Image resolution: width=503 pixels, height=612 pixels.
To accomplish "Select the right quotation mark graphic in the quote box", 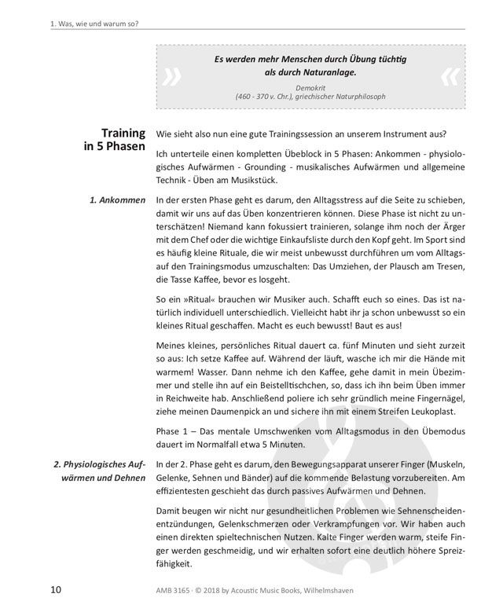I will pyautogui.click(x=449, y=76).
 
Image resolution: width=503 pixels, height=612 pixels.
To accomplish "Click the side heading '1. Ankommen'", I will pyautogui.click(x=117, y=200).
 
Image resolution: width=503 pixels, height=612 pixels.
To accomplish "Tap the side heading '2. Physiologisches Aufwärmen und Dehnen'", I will pyautogui.click(x=97, y=471).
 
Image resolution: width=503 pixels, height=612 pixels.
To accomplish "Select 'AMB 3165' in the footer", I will pyautogui.click(x=173, y=590).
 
